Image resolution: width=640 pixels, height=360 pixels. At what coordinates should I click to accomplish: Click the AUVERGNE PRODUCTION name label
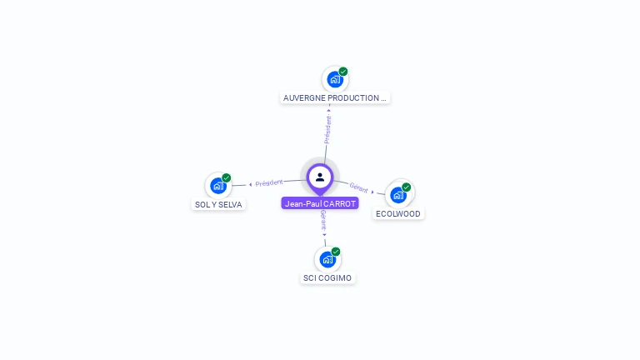click(335, 97)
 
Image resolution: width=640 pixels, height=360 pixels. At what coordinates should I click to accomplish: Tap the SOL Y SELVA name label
click(218, 204)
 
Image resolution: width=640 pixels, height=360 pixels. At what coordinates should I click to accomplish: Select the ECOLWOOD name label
click(399, 213)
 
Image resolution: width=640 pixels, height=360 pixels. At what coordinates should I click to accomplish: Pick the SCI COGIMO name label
click(327, 277)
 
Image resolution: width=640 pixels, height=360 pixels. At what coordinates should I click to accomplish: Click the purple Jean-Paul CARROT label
click(320, 203)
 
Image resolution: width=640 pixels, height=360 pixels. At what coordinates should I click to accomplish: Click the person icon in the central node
click(320, 177)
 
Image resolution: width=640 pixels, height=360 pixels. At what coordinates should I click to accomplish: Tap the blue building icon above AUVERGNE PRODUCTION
click(334, 80)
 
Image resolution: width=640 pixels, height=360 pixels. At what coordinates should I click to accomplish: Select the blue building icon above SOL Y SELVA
click(218, 186)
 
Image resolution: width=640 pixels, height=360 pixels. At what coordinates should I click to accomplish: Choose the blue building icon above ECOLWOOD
click(398, 195)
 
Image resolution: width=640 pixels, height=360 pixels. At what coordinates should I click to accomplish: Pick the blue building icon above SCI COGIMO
click(327, 259)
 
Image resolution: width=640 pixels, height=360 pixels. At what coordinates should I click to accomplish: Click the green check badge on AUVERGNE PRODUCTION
click(343, 72)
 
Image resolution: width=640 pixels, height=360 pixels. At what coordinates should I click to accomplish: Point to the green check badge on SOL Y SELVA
click(227, 178)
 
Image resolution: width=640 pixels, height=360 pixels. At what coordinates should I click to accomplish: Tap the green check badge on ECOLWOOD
click(407, 187)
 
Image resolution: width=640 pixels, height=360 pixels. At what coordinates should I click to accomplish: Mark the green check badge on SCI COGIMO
click(336, 252)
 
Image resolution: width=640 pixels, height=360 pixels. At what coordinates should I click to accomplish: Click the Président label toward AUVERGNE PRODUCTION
click(327, 130)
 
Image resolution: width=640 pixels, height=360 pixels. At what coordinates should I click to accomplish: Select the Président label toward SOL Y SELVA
click(269, 182)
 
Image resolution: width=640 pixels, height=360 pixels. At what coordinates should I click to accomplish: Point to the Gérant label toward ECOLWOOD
click(358, 187)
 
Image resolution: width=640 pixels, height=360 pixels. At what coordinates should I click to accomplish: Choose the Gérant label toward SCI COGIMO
click(323, 220)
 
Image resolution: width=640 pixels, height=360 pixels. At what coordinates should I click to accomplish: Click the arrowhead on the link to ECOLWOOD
click(372, 191)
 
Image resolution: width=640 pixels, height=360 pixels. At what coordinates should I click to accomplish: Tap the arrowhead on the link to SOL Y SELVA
click(251, 184)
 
